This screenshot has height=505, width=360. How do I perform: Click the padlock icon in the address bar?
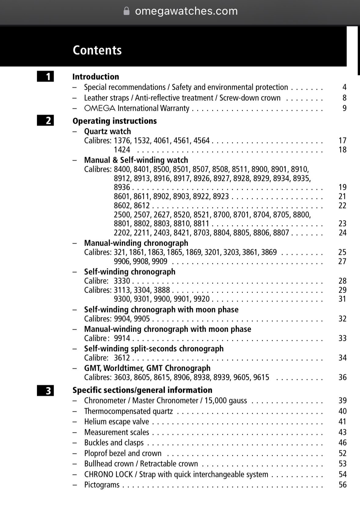126,11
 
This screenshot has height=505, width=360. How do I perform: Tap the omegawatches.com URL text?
186,11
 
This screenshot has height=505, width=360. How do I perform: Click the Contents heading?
97,50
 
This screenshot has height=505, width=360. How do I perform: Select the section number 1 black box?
45,76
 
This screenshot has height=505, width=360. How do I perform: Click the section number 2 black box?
45,121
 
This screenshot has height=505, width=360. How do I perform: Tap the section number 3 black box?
45,391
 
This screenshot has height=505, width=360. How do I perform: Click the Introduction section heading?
96,77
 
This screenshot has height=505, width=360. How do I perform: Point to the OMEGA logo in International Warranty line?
100,108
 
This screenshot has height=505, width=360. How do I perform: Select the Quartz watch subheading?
107,131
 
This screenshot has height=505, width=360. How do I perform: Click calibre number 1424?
122,150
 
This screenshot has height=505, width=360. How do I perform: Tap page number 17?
342,140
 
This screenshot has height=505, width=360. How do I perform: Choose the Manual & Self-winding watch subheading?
136,160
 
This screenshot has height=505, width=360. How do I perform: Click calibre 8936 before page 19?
122,187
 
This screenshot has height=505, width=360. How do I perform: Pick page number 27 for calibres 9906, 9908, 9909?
342,261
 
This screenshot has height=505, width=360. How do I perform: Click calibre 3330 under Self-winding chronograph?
122,281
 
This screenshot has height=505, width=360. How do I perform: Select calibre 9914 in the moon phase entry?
122,338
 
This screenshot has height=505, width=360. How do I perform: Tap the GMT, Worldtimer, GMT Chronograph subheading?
147,368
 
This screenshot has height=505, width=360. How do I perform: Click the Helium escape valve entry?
117,422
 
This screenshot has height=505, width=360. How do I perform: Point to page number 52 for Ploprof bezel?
342,453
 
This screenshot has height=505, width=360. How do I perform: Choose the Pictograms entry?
102,485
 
